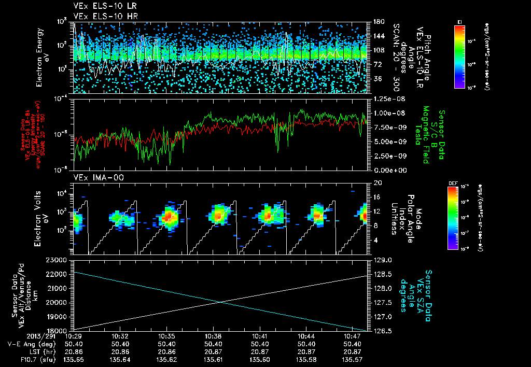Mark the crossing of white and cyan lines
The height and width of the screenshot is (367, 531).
[220, 302]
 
